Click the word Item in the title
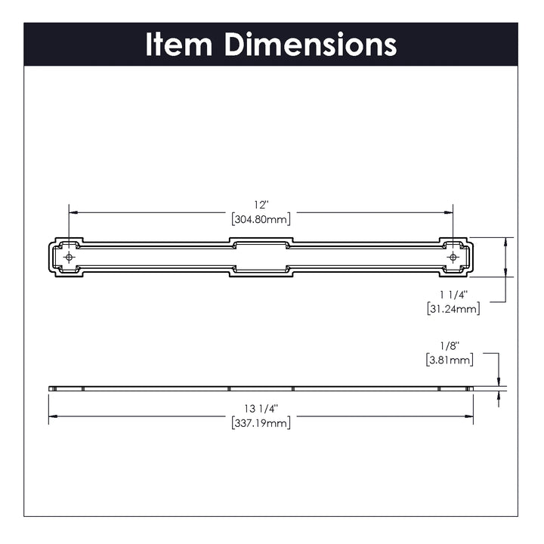[x=178, y=44]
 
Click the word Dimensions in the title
[x=311, y=44]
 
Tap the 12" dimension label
[x=261, y=205]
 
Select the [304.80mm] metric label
[x=261, y=219]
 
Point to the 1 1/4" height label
[x=453, y=295]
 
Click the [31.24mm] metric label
[x=453, y=308]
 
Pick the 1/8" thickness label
[x=450, y=345]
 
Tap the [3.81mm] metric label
[x=450, y=360]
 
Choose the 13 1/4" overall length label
[x=261, y=409]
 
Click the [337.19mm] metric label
[x=261, y=423]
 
